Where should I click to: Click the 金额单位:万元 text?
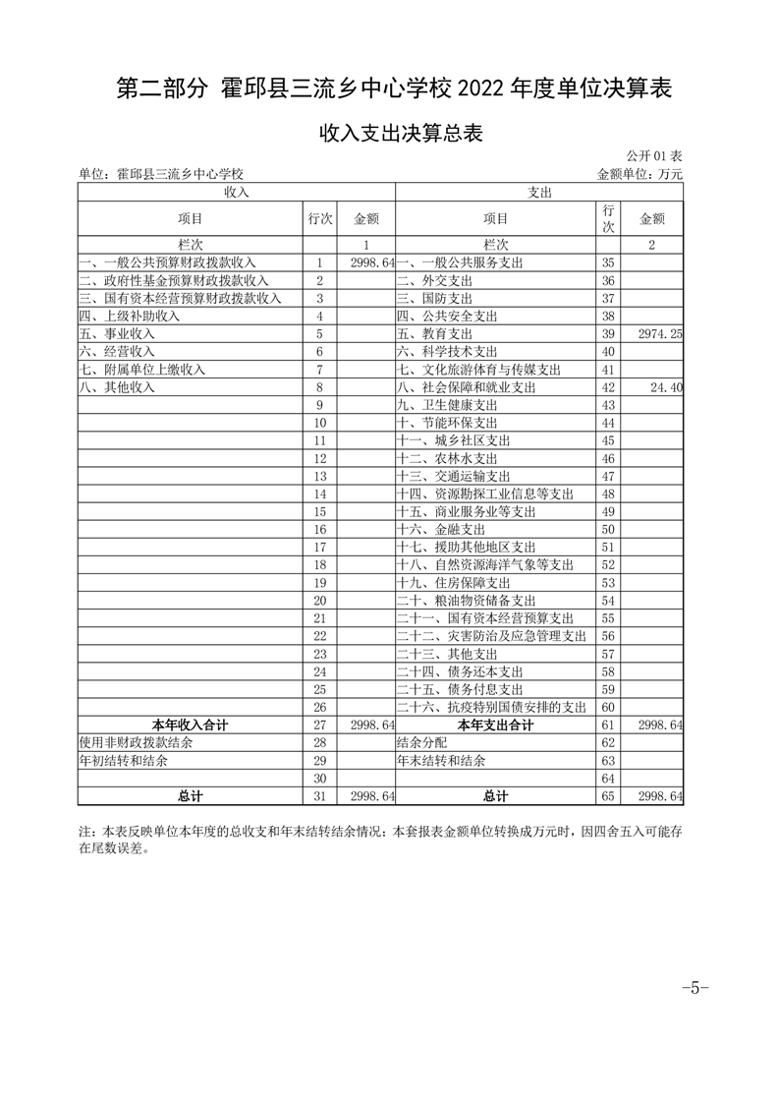pyautogui.click(x=640, y=174)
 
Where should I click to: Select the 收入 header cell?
pyautogui.click(x=236, y=193)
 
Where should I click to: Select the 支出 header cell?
pyautogui.click(x=539, y=193)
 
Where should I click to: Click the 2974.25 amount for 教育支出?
pyautogui.click(x=660, y=334)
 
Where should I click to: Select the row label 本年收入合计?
pyautogui.click(x=190, y=725)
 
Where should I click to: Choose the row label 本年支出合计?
pyautogui.click(x=495, y=725)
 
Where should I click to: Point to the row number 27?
pyautogui.click(x=319, y=725)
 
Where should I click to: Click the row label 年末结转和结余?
pyautogui.click(x=441, y=760)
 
